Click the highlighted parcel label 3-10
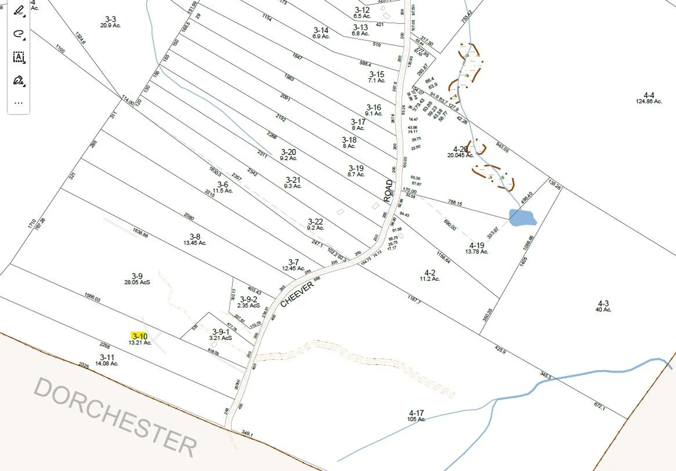140,336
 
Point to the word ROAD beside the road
388,191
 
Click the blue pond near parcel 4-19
522,218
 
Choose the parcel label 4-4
649,95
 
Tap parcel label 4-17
416,413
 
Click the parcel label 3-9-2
249,299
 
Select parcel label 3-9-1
221,332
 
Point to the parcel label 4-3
603,303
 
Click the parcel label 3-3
110,19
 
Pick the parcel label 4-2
430,273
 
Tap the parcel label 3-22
315,221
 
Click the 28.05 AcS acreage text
137,282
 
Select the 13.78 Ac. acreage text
476,252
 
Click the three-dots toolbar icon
19,103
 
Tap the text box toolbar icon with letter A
19,57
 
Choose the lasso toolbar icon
19,34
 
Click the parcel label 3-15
376,74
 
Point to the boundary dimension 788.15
455,202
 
